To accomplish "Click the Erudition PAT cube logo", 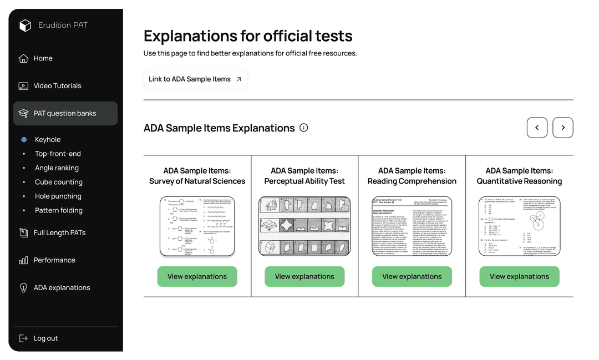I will (x=25, y=26).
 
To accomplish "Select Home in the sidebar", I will (x=43, y=58).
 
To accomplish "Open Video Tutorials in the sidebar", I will (x=57, y=86).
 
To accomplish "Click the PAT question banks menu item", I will (x=65, y=113).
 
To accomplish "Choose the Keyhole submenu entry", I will (x=48, y=140).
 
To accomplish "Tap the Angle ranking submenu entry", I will (x=57, y=168).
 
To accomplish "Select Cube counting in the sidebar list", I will (x=58, y=182).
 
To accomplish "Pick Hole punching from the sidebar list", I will (x=58, y=196).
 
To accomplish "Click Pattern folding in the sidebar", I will (x=58, y=210).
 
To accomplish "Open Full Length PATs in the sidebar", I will (x=59, y=232).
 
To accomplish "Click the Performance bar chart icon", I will (x=23, y=260).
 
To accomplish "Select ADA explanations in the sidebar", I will (x=62, y=288).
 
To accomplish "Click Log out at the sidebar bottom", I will (x=45, y=338).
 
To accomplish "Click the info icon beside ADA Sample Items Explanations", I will (x=303, y=128).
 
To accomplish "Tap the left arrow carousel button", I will (x=537, y=128).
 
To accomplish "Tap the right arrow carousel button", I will (x=563, y=128).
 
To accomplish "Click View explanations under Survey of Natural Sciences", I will (x=197, y=276).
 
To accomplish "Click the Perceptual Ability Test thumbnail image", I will (x=304, y=226).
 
